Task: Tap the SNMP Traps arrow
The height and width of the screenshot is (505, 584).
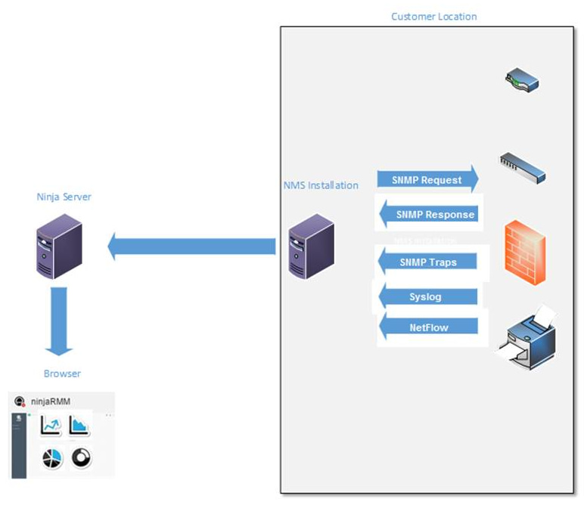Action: click(x=428, y=262)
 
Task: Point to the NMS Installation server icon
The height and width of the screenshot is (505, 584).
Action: click(x=312, y=246)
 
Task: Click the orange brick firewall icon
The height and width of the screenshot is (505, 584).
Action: click(x=525, y=252)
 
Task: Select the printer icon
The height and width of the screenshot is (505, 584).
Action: click(x=528, y=338)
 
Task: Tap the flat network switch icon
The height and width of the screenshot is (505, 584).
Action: click(x=523, y=167)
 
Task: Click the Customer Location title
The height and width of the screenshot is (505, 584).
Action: click(x=433, y=16)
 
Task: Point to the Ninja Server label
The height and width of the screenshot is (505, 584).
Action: click(x=64, y=197)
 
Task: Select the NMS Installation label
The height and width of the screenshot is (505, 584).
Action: click(x=320, y=184)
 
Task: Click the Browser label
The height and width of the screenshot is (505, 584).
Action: click(x=62, y=373)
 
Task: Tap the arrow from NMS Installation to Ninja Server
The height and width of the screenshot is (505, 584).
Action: click(x=192, y=246)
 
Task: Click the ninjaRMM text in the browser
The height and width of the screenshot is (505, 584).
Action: click(x=52, y=401)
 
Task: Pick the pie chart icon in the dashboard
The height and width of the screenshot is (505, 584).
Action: click(x=51, y=458)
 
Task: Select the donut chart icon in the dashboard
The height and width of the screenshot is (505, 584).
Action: click(x=81, y=458)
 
